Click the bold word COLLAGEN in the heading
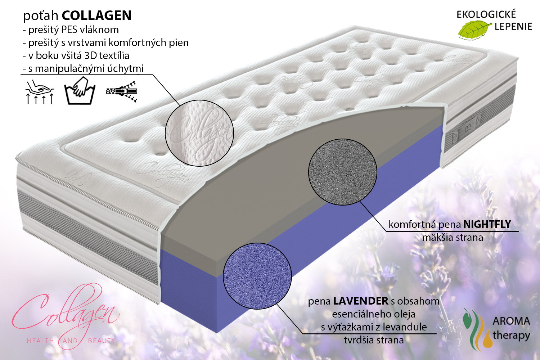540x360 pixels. pyautogui.click(x=96, y=16)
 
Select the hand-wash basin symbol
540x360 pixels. pyautogui.click(x=80, y=91)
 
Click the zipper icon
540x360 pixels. pyautogui.click(x=122, y=91)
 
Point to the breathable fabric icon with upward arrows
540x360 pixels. pyautogui.click(x=40, y=92)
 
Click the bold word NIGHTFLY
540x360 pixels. pyautogui.click(x=487, y=224)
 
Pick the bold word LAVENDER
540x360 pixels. pyautogui.click(x=361, y=301)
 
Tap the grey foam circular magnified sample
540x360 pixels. pyautogui.click(x=343, y=172)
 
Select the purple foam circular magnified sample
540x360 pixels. pyautogui.click(x=257, y=276)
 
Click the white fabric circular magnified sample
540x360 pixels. pyautogui.click(x=199, y=133)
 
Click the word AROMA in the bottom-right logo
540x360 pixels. pyautogui.click(x=511, y=321)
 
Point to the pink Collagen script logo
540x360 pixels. pyautogui.click(x=65, y=311)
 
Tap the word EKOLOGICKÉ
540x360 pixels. pyautogui.click(x=486, y=14)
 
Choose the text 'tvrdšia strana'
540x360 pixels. pyautogui.click(x=374, y=340)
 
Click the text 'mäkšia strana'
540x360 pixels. pyautogui.click(x=453, y=238)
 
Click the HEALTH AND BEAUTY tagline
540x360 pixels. pyautogui.click(x=71, y=341)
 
